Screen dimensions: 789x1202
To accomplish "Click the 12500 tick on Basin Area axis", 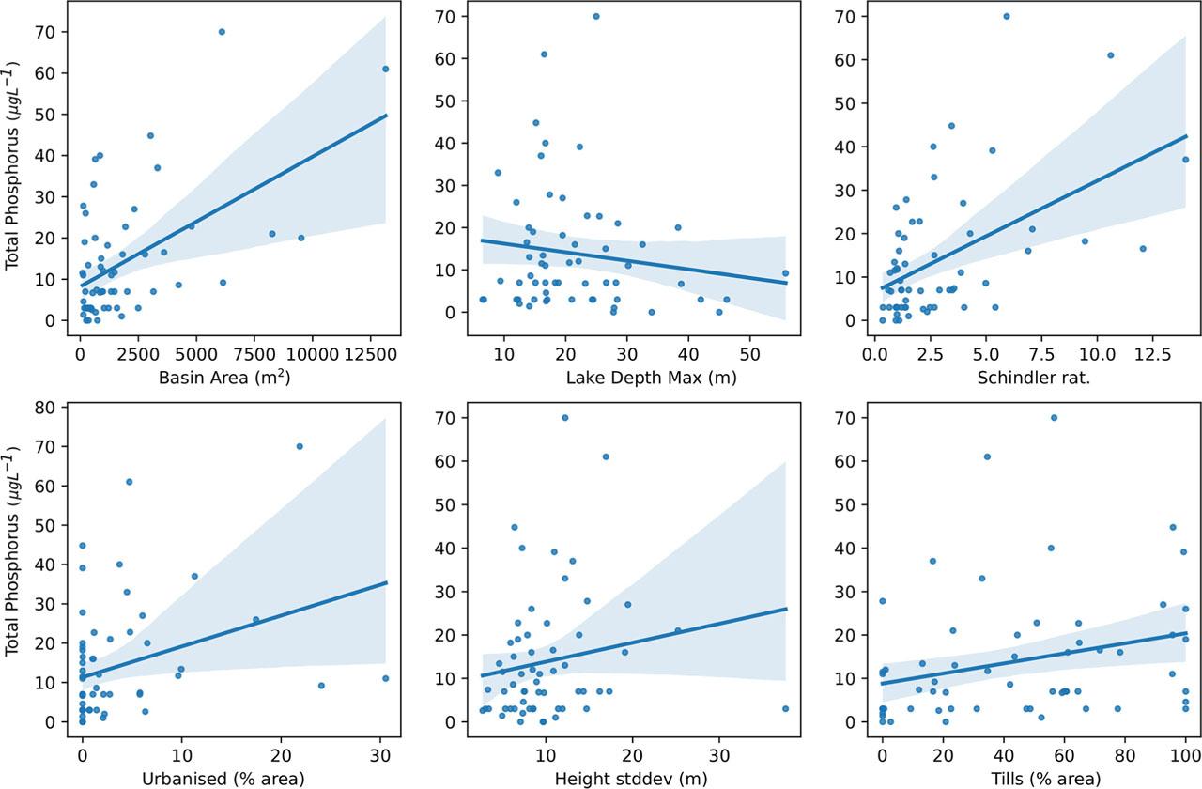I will (x=370, y=354).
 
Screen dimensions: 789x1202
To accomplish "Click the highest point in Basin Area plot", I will (x=222, y=31).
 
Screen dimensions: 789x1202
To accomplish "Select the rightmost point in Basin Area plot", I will (x=385, y=69).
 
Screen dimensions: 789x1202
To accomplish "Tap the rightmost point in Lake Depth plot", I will (x=785, y=273).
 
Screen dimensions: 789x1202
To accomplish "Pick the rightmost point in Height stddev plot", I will (x=785, y=708).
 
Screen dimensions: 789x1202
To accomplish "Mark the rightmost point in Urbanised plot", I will (x=385, y=678).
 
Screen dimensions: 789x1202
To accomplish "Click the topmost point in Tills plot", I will (x=1054, y=417).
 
